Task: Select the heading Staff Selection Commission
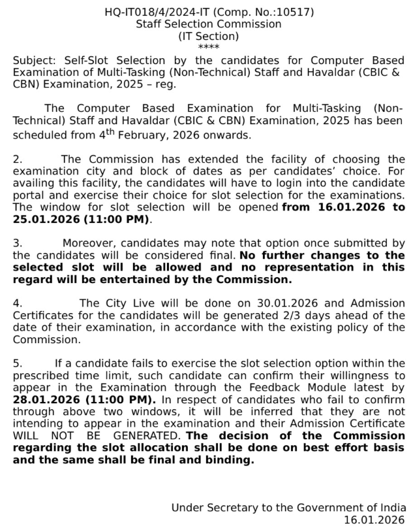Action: (x=208, y=24)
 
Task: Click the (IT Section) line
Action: (x=208, y=36)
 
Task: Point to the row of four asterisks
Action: (x=208, y=47)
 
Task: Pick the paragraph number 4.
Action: (x=18, y=303)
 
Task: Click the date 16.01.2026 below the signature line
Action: (x=375, y=520)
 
